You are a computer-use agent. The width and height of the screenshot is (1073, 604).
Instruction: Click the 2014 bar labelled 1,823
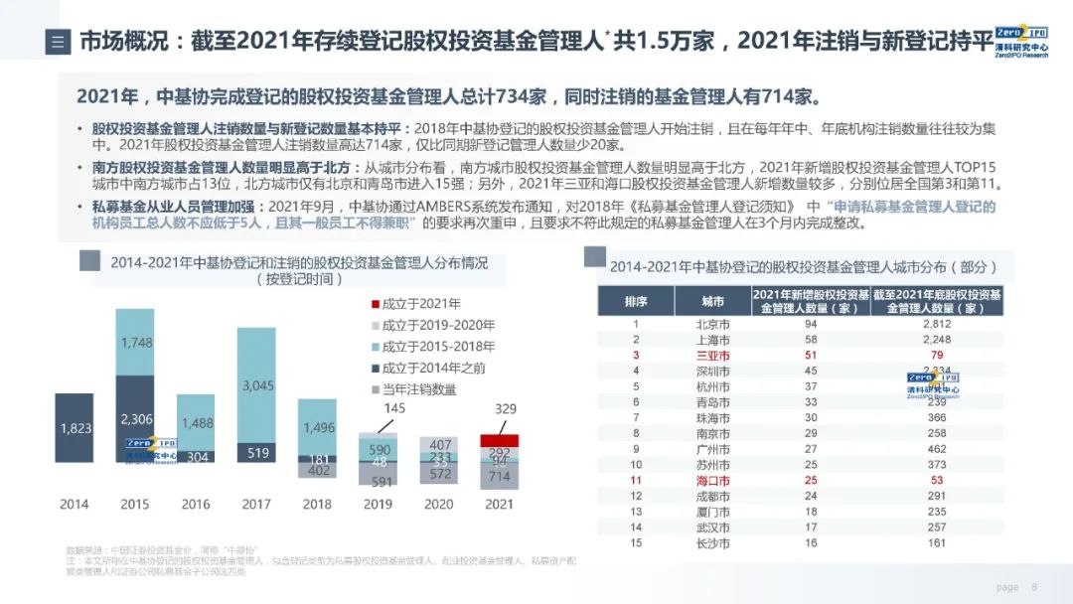pos(75,428)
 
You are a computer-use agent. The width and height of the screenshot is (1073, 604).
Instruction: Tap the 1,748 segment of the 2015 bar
pos(135,343)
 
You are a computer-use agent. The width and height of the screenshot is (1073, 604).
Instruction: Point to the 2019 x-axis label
pos(378,504)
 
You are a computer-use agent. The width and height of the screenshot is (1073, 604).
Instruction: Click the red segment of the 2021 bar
pos(499,440)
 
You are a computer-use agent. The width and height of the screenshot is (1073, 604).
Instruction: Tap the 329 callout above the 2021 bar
pos(506,409)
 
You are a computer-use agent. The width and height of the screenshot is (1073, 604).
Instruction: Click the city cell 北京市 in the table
pos(712,324)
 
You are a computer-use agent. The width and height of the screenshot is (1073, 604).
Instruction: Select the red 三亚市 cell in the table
pos(712,356)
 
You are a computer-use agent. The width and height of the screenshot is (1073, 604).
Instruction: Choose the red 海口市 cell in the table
pos(712,481)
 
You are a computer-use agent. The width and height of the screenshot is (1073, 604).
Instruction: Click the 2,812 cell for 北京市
pos(936,324)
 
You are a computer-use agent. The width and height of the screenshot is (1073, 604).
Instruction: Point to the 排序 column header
pos(636,301)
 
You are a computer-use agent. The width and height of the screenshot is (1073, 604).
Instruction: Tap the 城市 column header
pos(712,301)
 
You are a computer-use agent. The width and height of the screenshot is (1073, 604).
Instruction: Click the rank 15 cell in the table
pos(636,543)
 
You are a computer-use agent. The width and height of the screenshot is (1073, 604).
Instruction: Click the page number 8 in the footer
pos(1034,587)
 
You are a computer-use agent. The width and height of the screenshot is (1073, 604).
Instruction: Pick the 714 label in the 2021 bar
pos(499,477)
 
